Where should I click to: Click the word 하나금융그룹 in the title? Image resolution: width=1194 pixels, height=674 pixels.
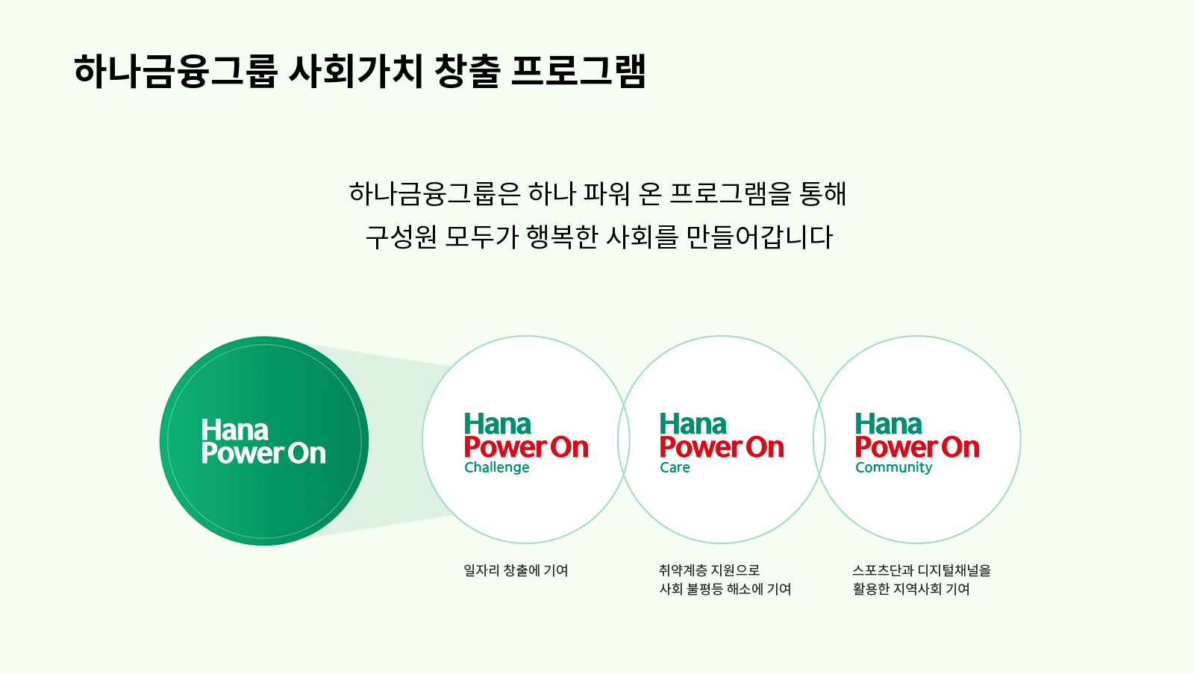click(176, 71)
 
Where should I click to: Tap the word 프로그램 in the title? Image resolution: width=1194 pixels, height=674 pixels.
click(579, 71)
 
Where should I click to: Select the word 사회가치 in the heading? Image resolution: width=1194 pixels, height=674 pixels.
click(355, 71)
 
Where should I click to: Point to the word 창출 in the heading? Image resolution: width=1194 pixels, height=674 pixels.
click(467, 71)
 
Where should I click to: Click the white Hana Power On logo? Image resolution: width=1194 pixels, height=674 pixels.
click(263, 441)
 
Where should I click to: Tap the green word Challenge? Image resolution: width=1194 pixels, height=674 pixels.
click(497, 468)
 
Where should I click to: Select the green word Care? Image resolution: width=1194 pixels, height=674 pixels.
click(675, 468)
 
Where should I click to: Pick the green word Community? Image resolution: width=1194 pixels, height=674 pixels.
click(894, 468)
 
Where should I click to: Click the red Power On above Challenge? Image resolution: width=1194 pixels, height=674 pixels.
click(526, 447)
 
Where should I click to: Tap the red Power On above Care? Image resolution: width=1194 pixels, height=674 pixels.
click(722, 447)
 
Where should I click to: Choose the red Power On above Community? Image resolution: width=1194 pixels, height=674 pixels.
click(917, 447)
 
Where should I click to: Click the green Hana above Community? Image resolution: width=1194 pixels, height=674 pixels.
click(889, 425)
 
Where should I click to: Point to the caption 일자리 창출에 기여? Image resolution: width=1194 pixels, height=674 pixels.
click(516, 570)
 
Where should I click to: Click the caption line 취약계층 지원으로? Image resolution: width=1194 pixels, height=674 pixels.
click(710, 570)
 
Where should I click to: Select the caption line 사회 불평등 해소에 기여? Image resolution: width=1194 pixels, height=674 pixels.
click(725, 589)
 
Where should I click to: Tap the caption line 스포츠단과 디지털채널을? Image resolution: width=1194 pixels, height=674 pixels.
click(922, 570)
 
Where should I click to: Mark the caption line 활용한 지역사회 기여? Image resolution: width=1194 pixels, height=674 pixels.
click(911, 589)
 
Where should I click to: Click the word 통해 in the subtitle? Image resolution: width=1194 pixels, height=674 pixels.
click(822, 193)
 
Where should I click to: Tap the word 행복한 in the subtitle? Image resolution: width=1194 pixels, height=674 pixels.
click(562, 237)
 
